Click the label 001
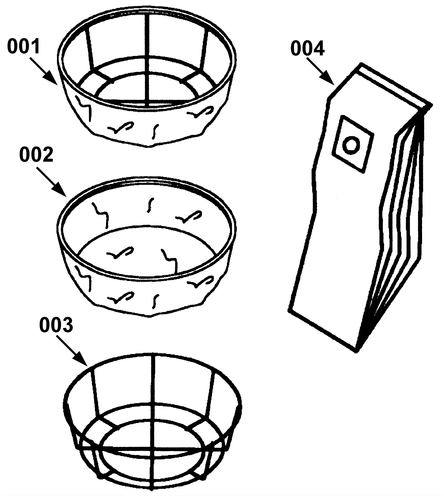(x=24, y=47)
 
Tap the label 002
(x=36, y=155)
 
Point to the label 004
(x=307, y=49)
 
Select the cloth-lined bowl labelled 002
(x=147, y=247)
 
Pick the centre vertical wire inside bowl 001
(x=148, y=61)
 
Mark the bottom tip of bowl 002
(x=150, y=316)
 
